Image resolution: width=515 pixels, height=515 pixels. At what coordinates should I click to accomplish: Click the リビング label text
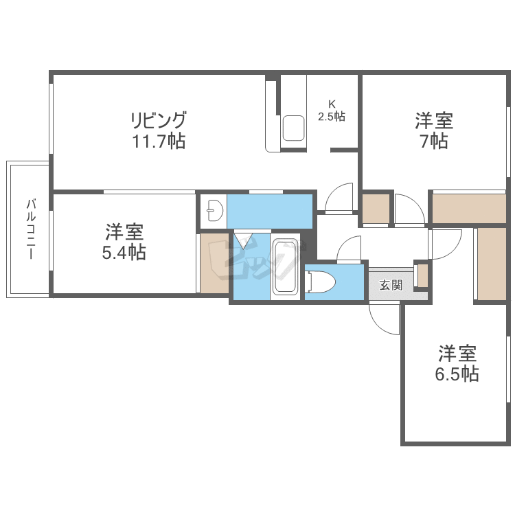click(x=159, y=121)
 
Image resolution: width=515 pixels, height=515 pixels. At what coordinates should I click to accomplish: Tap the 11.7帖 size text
click(x=159, y=142)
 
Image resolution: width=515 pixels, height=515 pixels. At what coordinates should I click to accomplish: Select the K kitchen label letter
click(x=331, y=104)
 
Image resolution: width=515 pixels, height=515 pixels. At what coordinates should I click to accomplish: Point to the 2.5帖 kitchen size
click(x=331, y=117)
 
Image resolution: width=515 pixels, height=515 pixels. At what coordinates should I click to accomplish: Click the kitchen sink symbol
click(x=294, y=128)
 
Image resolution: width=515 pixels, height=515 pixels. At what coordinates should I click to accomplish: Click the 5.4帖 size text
click(x=124, y=252)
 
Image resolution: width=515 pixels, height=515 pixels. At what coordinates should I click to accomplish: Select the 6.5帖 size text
click(x=457, y=374)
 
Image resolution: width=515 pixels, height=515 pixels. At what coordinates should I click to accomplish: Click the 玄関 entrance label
click(x=391, y=285)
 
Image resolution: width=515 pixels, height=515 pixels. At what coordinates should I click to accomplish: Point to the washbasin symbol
click(x=214, y=211)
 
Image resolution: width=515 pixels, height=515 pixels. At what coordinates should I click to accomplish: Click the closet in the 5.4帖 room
click(x=214, y=264)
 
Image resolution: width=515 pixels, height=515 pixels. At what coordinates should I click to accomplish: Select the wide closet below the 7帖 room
click(x=469, y=209)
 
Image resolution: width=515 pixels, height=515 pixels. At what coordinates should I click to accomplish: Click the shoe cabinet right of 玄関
click(x=422, y=275)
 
